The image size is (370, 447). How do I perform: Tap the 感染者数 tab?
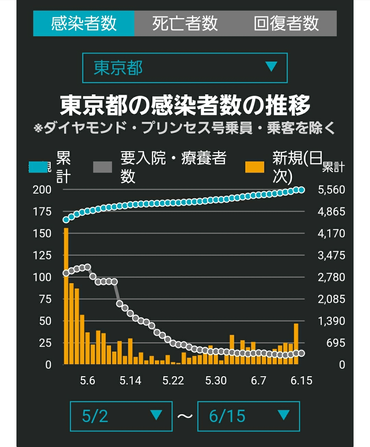(x=84, y=23)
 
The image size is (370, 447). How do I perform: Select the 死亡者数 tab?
(x=185, y=23)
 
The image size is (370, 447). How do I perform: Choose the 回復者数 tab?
(x=286, y=23)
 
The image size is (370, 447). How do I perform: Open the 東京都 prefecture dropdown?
(x=185, y=68)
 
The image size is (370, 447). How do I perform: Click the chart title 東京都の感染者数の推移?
(x=185, y=105)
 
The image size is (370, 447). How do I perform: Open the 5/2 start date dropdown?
(x=121, y=416)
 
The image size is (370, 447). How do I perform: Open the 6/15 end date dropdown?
(x=249, y=416)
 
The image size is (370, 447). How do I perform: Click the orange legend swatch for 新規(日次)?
(x=255, y=167)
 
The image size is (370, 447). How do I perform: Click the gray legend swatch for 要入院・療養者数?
(x=102, y=167)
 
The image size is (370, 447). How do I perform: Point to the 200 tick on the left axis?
(x=42, y=190)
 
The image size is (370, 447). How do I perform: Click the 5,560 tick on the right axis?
(x=331, y=190)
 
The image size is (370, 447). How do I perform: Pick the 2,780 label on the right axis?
(x=331, y=277)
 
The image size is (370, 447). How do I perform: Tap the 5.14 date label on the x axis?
(x=131, y=381)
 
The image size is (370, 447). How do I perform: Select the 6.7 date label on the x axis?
(x=259, y=381)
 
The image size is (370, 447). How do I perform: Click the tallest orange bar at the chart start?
(x=66, y=296)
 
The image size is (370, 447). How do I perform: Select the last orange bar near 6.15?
(x=296, y=344)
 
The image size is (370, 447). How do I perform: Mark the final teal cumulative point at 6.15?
(x=301, y=190)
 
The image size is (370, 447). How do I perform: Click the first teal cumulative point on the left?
(x=66, y=220)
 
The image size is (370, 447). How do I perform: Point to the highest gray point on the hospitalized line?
(x=87, y=267)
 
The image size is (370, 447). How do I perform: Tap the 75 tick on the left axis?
(x=45, y=299)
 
